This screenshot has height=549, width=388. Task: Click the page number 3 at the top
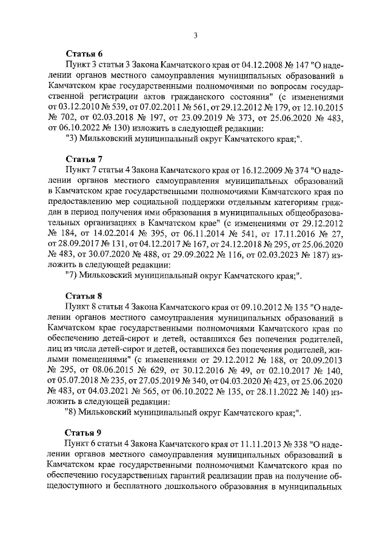coord(195,35)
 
